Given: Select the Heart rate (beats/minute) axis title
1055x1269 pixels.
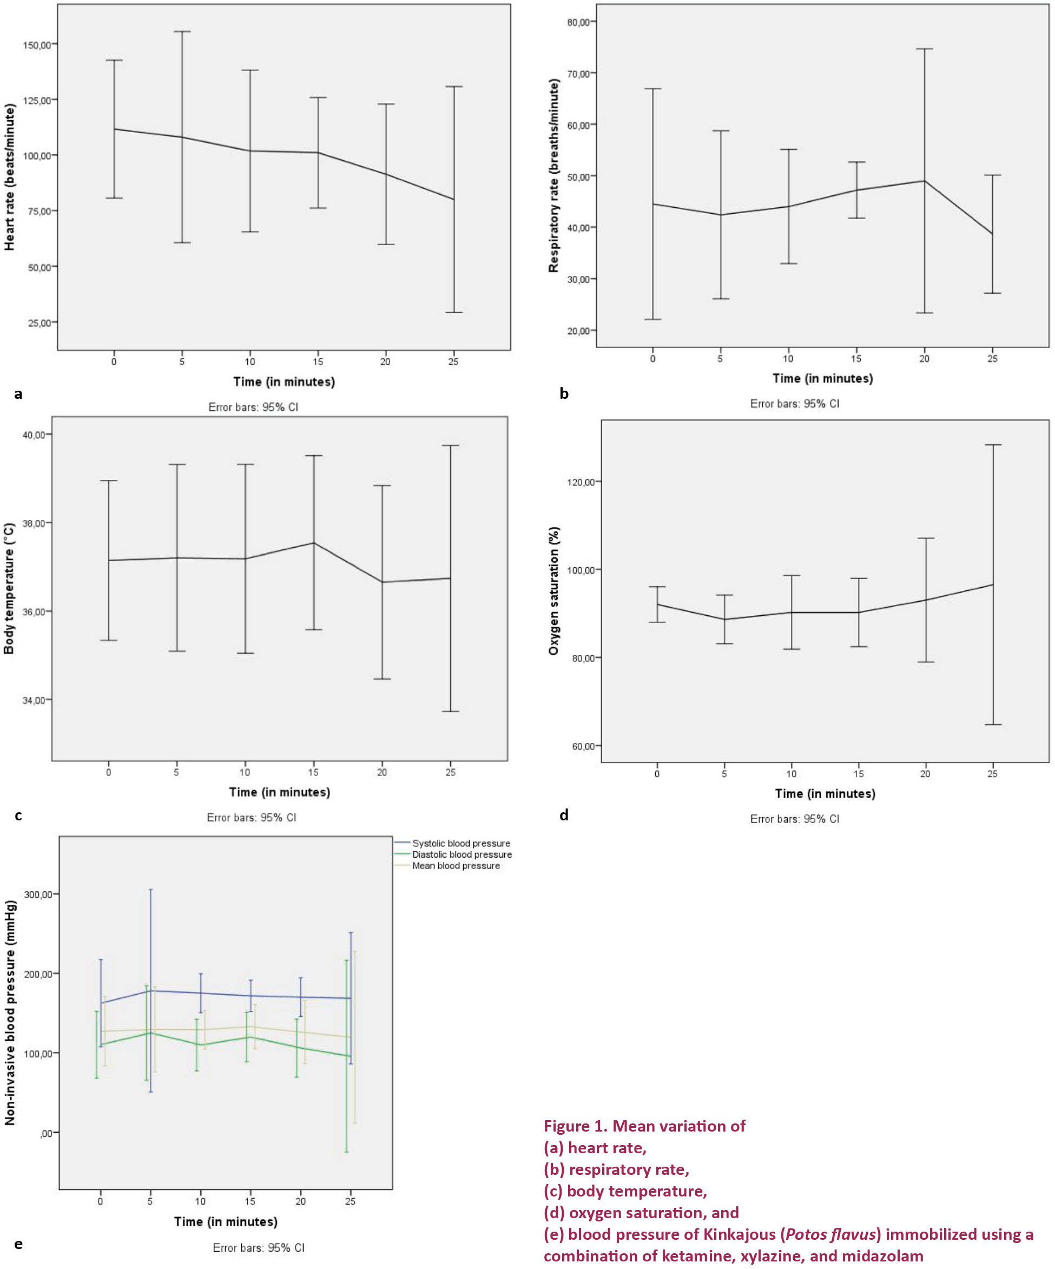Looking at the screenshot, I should point(10,177).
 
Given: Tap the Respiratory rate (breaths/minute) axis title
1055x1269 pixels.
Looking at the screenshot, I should point(553,176).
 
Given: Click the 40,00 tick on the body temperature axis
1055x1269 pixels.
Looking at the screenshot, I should point(33,435).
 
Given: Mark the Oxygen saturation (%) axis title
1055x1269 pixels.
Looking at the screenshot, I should point(553,590).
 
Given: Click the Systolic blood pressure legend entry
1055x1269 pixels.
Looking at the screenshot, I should point(461,843).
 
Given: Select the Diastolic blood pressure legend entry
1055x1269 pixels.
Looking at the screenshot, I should point(461,854).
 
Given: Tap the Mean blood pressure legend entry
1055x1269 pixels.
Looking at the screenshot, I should point(456,866).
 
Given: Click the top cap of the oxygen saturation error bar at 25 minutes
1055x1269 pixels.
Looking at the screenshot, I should point(993,445).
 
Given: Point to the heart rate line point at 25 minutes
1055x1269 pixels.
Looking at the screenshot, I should point(454,199).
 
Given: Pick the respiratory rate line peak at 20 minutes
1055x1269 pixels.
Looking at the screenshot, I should point(925,181).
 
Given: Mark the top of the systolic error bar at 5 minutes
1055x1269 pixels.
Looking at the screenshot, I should point(150,890).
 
